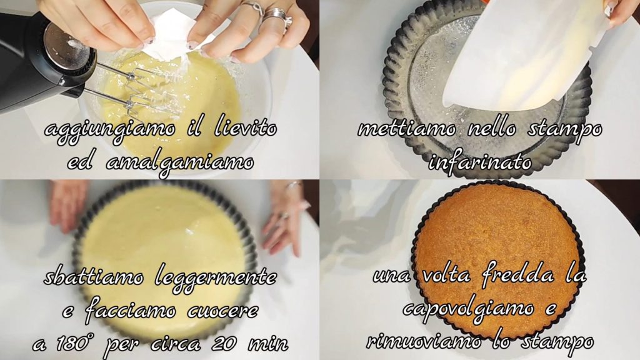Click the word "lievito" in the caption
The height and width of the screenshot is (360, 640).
click(246, 128)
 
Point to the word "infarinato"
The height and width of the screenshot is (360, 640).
click(480, 162)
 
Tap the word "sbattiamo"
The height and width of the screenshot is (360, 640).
click(94, 277)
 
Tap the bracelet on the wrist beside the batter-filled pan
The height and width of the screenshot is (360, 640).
click(294, 186)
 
